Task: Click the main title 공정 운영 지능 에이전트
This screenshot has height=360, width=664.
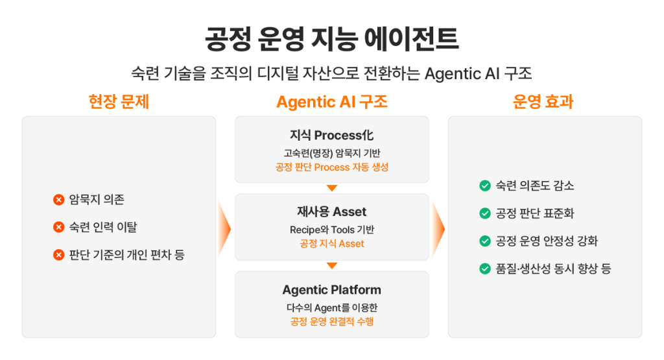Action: click(331, 39)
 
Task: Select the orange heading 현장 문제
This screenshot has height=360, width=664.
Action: click(119, 102)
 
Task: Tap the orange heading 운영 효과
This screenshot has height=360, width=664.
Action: click(543, 102)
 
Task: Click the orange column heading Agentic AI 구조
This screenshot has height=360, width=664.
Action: click(331, 102)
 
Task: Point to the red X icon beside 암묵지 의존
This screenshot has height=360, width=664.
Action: click(59, 200)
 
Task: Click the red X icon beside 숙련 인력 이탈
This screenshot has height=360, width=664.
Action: click(59, 228)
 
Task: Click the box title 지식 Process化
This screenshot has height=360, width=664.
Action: click(331, 136)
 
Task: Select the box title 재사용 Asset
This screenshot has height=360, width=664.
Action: click(331, 212)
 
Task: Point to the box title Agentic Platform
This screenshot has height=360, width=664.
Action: click(331, 290)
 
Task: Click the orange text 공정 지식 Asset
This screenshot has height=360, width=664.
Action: click(331, 244)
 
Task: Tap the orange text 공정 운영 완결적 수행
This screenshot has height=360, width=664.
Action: click(331, 322)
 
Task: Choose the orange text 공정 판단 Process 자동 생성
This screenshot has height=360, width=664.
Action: click(331, 167)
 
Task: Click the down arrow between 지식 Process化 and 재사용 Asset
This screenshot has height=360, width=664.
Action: click(332, 188)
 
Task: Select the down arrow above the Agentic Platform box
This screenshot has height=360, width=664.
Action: click(332, 265)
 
